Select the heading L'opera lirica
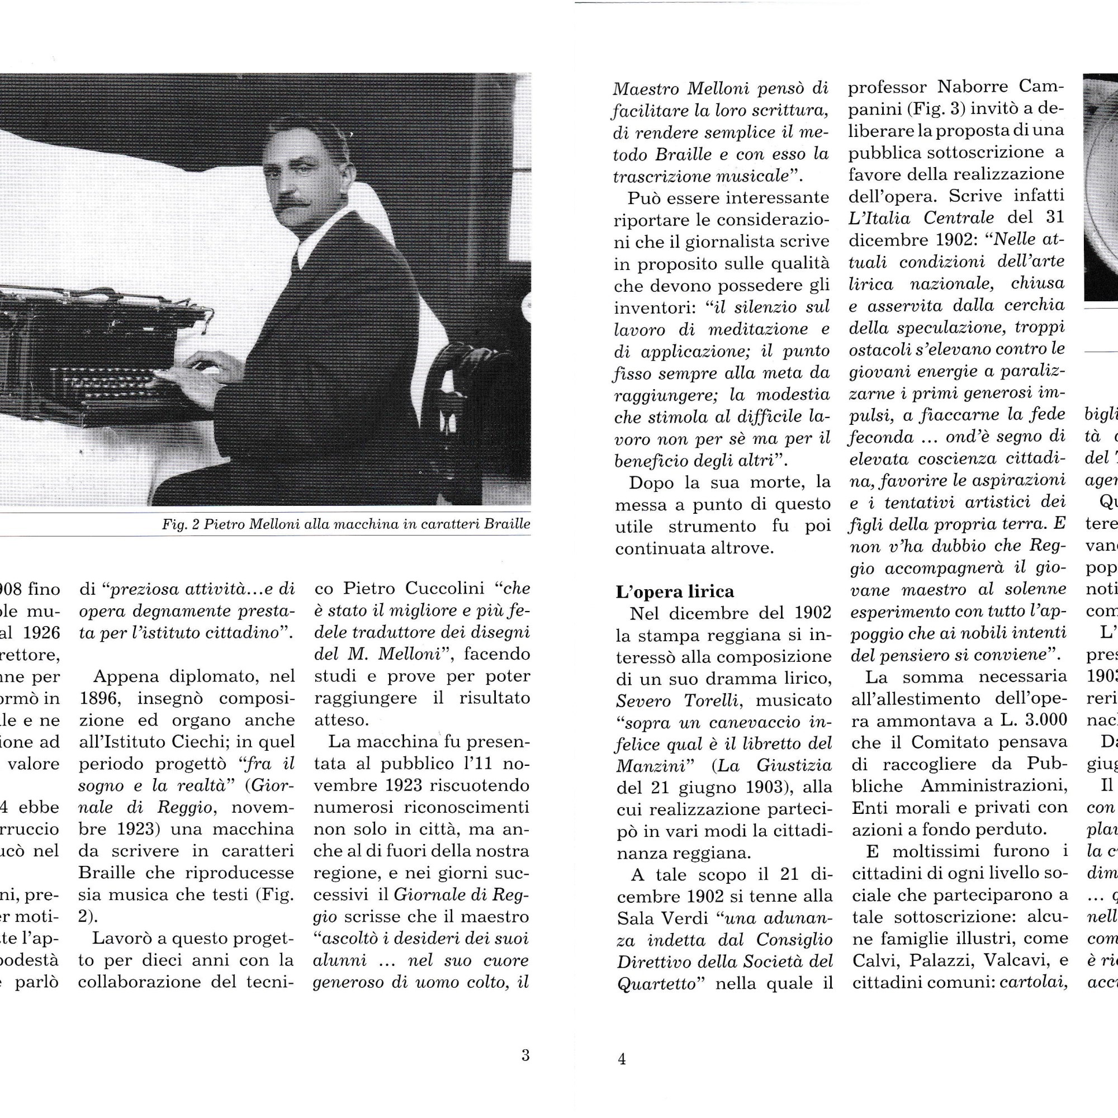click(x=674, y=591)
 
